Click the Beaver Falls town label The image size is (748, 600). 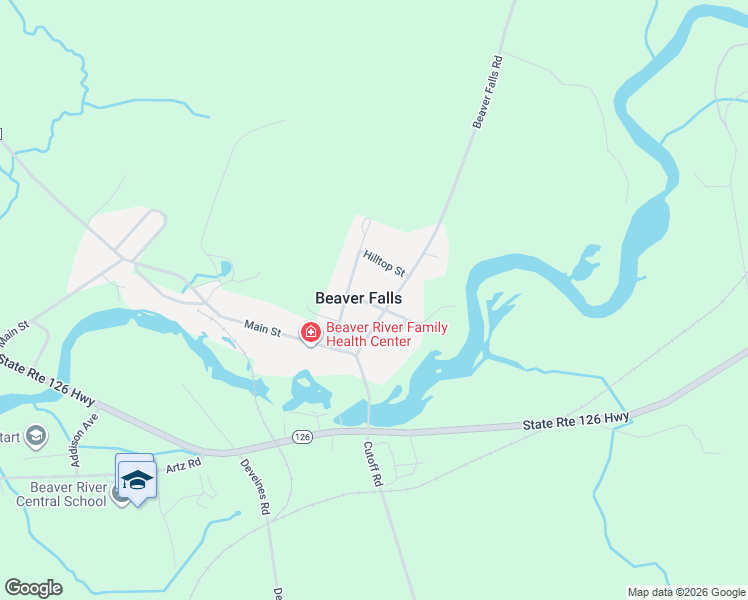pos(358,298)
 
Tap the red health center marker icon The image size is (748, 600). pos(311,333)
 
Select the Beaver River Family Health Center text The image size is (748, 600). pos(387,334)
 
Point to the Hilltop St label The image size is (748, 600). pos(384,265)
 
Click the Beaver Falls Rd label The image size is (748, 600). pos(487,91)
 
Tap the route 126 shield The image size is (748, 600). pos(302,437)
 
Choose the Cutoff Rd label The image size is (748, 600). pos(373,464)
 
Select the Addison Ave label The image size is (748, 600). pos(84,441)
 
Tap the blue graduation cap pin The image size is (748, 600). pos(136,478)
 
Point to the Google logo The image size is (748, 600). pos(33,588)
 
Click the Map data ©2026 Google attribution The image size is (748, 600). pos(685,592)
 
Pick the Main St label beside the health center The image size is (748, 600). pos(262,328)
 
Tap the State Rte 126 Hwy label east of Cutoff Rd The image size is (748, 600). pos(576,422)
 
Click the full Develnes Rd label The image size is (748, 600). pos(255,487)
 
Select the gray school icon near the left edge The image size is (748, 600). pos(37,435)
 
